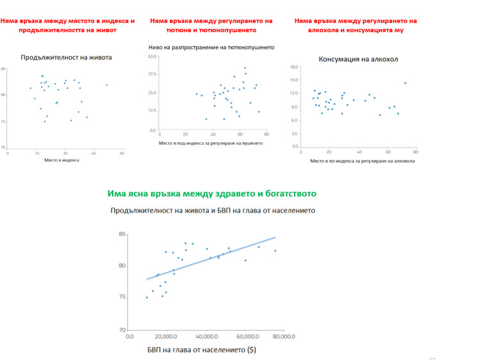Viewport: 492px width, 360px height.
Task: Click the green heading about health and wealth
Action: tap(211, 193)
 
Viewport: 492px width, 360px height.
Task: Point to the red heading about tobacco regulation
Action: tap(211, 26)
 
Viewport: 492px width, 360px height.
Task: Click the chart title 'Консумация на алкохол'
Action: tap(358, 60)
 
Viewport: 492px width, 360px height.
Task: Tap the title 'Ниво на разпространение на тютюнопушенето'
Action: tap(211, 47)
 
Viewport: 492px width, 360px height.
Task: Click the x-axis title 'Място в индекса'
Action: tap(61, 160)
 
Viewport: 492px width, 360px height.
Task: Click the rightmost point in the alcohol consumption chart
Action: tap(405, 83)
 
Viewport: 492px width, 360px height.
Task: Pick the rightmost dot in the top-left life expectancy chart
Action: tap(106, 85)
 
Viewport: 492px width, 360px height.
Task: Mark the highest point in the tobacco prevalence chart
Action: tap(245, 67)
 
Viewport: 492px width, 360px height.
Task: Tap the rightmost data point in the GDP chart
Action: tap(275, 250)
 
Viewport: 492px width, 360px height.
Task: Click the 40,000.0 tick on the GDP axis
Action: tap(207, 336)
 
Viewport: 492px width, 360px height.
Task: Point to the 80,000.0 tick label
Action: tap(284, 336)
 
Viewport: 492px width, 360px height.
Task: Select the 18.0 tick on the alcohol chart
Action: tap(295, 67)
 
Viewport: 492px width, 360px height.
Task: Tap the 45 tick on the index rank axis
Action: tap(94, 153)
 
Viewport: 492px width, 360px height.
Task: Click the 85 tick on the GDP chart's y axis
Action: tap(122, 234)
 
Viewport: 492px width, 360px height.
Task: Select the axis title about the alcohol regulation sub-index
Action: tap(362, 161)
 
